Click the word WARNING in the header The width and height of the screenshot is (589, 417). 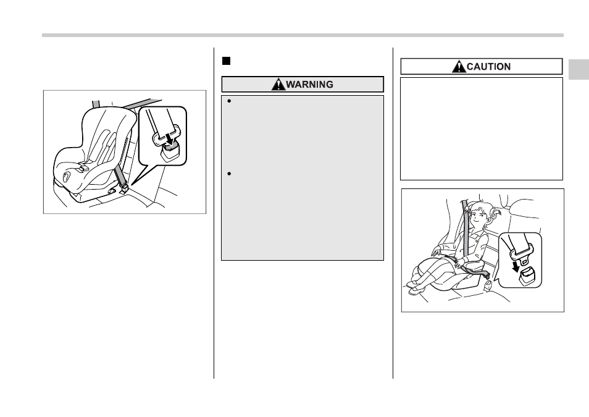(x=309, y=85)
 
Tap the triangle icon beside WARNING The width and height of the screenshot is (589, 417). (x=278, y=84)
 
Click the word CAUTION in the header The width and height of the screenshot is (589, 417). (x=488, y=67)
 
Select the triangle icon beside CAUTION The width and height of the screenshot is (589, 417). (x=459, y=67)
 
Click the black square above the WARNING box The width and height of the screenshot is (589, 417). (x=226, y=61)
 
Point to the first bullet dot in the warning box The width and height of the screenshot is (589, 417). (x=229, y=101)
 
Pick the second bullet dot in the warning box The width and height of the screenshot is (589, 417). (x=229, y=174)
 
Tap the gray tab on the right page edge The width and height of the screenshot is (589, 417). (x=579, y=69)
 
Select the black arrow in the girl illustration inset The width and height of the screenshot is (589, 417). (x=516, y=266)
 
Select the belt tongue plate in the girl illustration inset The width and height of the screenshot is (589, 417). (x=521, y=252)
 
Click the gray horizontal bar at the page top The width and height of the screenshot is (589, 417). (x=303, y=35)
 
